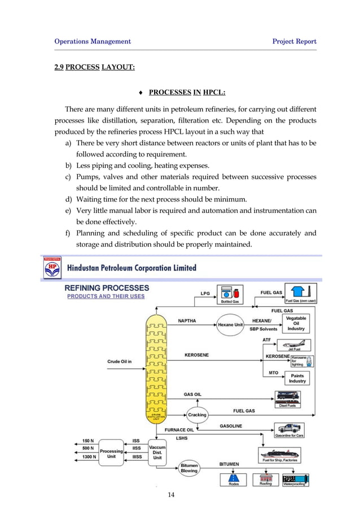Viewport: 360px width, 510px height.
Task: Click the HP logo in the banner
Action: [53, 268]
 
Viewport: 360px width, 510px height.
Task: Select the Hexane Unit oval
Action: [230, 325]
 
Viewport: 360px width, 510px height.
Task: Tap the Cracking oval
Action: [197, 415]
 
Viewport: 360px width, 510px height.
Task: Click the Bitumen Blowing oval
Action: [188, 468]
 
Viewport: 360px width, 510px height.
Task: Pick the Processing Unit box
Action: [111, 453]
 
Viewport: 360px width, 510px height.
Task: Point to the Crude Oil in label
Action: [120, 361]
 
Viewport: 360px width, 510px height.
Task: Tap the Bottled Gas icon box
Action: [230, 295]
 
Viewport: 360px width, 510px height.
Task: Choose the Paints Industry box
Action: [298, 378]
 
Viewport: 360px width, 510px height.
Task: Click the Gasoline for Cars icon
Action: [289, 430]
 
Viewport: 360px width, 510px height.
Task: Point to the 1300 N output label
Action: [89, 456]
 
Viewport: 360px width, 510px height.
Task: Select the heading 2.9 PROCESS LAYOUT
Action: [94, 68]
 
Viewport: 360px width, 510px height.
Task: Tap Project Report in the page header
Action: [294, 41]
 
